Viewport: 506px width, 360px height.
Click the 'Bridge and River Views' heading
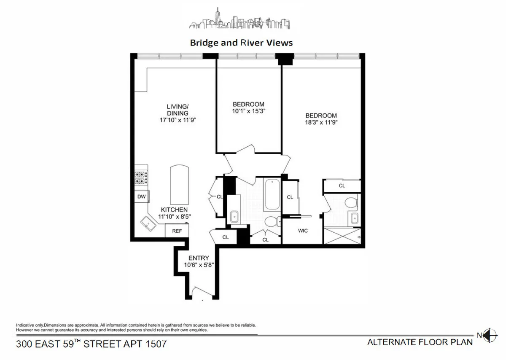[241, 43]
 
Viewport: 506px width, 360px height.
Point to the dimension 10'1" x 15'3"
[248, 112]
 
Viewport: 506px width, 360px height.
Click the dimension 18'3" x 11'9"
[321, 123]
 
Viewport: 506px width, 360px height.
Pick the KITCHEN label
[174, 210]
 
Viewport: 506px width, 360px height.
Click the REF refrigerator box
[177, 231]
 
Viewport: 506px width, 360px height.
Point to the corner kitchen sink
[148, 223]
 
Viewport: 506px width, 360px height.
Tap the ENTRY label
[199, 258]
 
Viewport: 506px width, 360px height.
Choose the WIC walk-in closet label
[302, 231]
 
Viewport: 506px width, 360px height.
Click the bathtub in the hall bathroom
[271, 195]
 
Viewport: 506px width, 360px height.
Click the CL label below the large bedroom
[342, 185]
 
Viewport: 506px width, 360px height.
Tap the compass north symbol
[490, 335]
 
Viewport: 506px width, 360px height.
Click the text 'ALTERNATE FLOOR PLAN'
[420, 342]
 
